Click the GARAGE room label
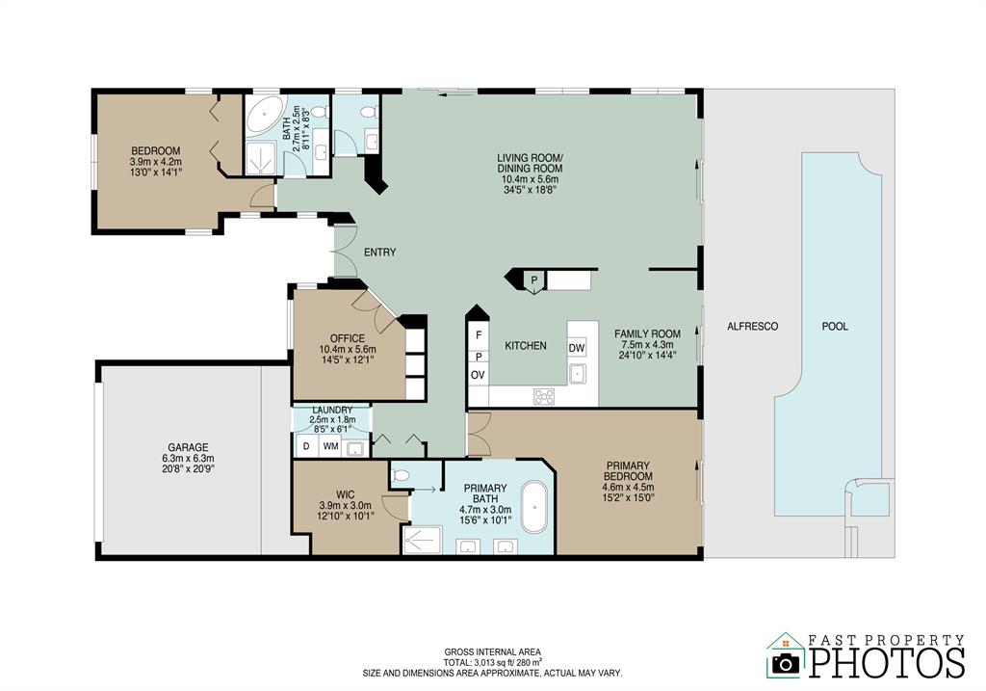(x=188, y=448)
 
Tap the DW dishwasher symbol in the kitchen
(x=577, y=348)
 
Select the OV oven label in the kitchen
(x=478, y=375)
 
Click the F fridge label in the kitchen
(x=479, y=335)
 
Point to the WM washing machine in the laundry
(x=331, y=447)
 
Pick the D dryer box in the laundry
(x=306, y=447)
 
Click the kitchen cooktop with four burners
(x=544, y=396)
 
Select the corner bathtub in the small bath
(x=264, y=116)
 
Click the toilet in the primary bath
(x=400, y=476)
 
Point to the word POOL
(x=835, y=327)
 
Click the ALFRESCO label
(x=753, y=327)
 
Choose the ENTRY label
(x=380, y=252)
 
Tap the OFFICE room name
(x=348, y=338)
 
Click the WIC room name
(x=346, y=494)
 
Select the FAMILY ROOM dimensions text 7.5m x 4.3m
(x=648, y=345)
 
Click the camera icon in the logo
(x=786, y=662)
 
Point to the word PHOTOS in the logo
(x=887, y=662)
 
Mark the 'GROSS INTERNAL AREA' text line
(x=492, y=652)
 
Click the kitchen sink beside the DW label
(x=578, y=374)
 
